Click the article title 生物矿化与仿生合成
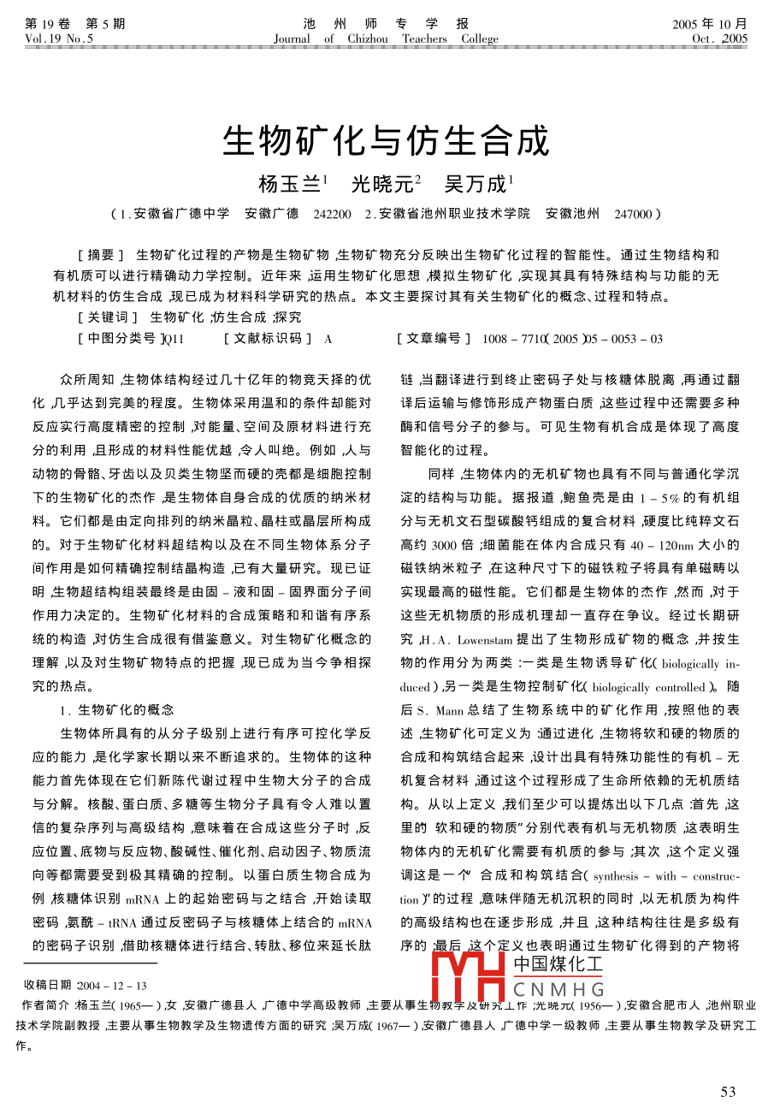[386, 142]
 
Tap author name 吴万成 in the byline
[476, 184]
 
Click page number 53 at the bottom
[728, 1092]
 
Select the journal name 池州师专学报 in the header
[386, 24]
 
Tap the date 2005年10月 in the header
[710, 24]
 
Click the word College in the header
[479, 39]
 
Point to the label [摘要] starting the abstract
[101, 255]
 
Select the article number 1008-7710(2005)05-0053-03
[572, 339]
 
